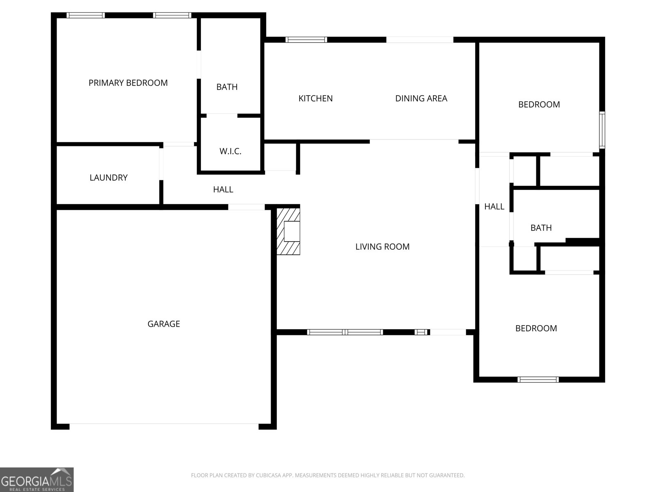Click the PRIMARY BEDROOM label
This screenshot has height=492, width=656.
pos(128,83)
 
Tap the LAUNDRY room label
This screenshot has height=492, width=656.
pos(109,178)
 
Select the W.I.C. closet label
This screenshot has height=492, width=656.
pos(230,151)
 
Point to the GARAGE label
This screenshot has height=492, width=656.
pos(164,323)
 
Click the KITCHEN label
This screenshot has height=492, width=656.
pos(316,98)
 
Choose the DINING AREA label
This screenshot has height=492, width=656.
pos(421,98)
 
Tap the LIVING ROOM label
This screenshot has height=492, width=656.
pos(382,246)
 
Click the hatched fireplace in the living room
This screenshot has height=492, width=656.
pos(288,231)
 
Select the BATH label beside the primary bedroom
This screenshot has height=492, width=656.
pos(227,87)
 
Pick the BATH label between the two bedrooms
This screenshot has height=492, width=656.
pos(541,228)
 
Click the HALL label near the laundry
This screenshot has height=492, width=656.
pos(223,189)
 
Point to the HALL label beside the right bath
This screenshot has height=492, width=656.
pos(494,206)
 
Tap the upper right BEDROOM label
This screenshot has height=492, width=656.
pos(539,104)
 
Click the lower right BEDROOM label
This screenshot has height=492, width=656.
pos(536,328)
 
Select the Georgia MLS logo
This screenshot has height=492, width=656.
pos(37,480)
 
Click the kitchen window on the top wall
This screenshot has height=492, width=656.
pos(306,40)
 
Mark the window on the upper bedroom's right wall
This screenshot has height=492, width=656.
pos(602,130)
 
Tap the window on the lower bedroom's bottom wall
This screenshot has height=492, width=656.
pos(538,380)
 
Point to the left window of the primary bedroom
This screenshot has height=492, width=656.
pos(85,15)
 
